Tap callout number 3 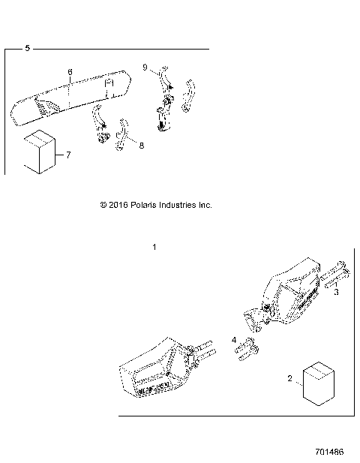click(x=337, y=293)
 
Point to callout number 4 click(x=235, y=340)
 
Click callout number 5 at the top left click(x=28, y=49)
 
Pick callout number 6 click(x=70, y=72)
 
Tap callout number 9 click(x=145, y=68)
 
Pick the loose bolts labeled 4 click(x=247, y=350)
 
